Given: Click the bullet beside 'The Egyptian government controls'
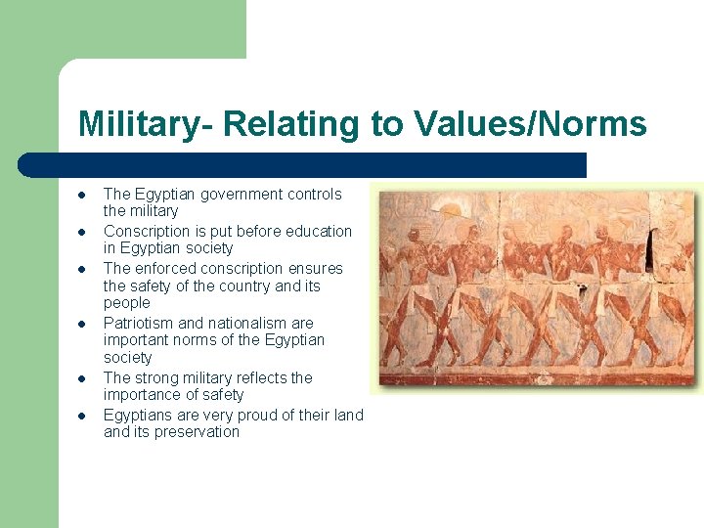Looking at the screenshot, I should point(83,195).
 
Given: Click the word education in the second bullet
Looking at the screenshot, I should point(319,232).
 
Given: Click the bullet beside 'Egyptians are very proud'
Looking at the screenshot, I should point(83,415).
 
